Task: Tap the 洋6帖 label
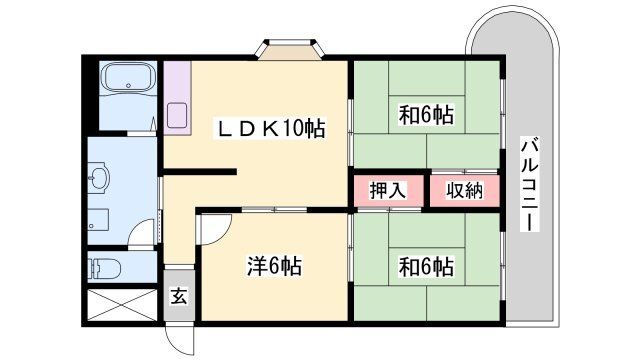[x=274, y=267]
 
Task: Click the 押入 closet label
[x=388, y=191]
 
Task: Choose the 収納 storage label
[x=464, y=191]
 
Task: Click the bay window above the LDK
[x=294, y=50]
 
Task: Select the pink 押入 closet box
[x=388, y=191]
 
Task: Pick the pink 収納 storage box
[x=464, y=191]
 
